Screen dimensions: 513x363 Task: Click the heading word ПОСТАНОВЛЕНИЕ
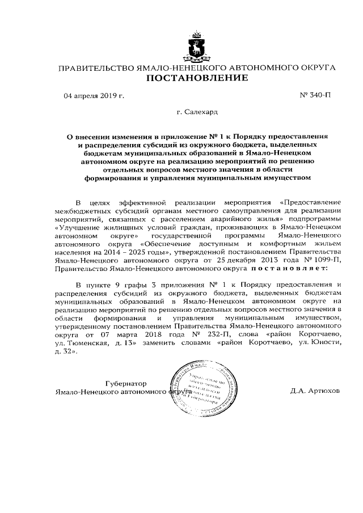tap(198, 79)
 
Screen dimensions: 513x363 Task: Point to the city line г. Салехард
tap(196, 113)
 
